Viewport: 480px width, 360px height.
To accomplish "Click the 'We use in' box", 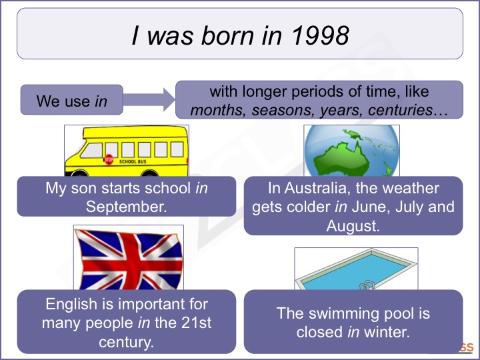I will (71, 101).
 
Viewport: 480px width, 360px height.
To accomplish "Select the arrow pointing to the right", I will (149, 101).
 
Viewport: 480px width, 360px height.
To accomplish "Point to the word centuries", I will (398, 110).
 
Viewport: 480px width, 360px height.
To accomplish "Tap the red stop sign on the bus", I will (109, 160).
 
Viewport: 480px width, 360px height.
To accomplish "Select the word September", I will (125, 206).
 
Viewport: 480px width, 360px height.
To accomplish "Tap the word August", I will (353, 226).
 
